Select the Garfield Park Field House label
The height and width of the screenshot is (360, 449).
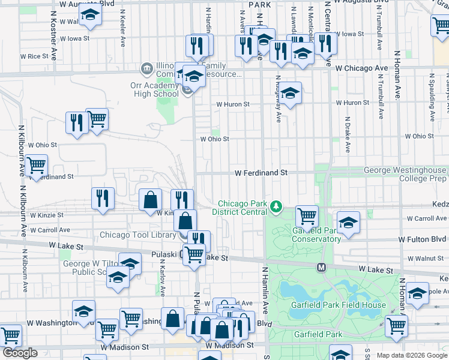click(338, 305)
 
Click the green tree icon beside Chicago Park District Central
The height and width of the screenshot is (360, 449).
click(276, 207)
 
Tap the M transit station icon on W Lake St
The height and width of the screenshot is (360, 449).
click(321, 266)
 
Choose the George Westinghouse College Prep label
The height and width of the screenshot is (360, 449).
click(405, 174)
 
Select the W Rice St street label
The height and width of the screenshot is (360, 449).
click(34, 56)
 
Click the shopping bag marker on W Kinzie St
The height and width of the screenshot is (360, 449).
click(150, 200)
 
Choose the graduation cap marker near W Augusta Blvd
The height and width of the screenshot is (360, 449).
click(90, 15)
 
